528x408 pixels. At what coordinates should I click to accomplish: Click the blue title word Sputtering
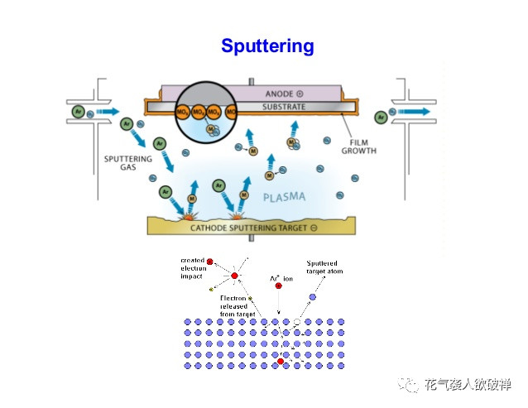coord(267,46)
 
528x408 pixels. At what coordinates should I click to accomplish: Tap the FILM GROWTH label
coord(358,146)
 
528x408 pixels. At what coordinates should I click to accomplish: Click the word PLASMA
coord(284,197)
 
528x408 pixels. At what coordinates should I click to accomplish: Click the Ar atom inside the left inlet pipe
coord(78,110)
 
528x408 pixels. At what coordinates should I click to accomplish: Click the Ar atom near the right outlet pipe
coord(382,117)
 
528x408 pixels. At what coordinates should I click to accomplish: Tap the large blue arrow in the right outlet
coord(415,111)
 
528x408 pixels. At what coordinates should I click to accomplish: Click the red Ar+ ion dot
coord(279,286)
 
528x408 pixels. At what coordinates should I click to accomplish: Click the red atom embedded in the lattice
coord(281,362)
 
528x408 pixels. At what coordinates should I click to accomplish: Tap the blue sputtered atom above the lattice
coord(312,297)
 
